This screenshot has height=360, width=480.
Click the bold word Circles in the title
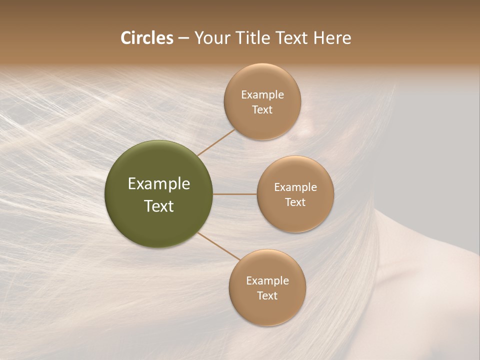coord(147,37)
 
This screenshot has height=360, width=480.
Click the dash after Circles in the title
coord(183,38)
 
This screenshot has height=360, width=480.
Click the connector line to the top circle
coord(216,142)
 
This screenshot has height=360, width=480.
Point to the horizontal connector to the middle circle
coord(234,194)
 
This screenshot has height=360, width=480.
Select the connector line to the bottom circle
coord(219,246)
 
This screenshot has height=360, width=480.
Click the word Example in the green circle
coord(158,184)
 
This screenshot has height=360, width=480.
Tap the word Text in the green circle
coord(158,206)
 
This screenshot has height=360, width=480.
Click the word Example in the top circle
coord(262,94)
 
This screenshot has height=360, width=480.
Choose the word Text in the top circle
coord(262,109)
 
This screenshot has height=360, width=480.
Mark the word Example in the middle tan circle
coord(295,187)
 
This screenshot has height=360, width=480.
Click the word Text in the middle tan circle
coord(295,202)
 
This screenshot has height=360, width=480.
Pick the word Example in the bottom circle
coord(267,280)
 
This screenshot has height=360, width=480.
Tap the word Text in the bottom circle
coord(267,295)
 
